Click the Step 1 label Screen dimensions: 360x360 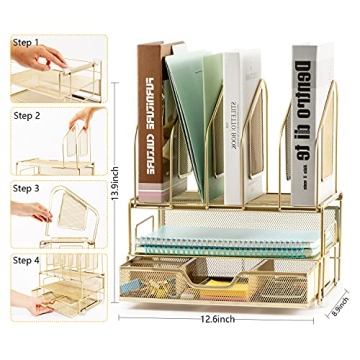click(26, 44)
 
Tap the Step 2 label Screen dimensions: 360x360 click(26, 115)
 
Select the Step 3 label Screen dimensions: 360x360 click(26, 188)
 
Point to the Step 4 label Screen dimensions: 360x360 click(26, 260)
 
